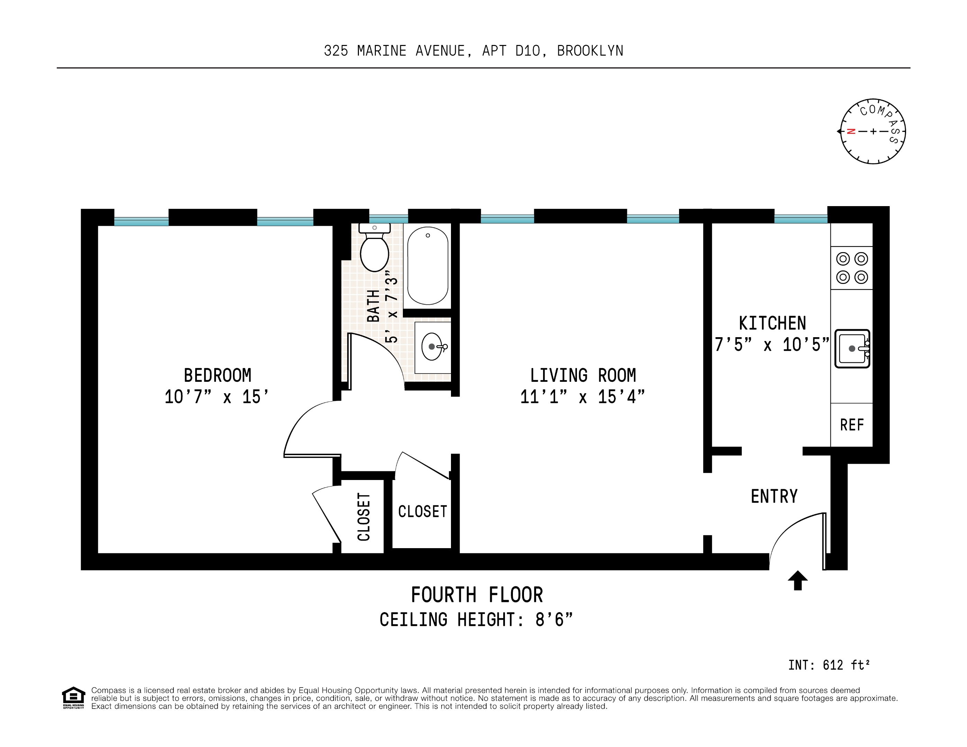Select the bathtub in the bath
click(x=428, y=266)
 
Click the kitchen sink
click(x=852, y=349)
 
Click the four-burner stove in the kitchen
click(x=852, y=268)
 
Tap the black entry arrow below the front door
click(x=798, y=580)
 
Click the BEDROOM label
click(x=217, y=375)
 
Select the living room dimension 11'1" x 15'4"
click(x=582, y=397)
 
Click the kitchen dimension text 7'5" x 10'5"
click(x=772, y=345)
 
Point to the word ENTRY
click(x=774, y=496)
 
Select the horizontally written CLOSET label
click(x=422, y=511)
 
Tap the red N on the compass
click(x=851, y=131)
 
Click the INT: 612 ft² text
click(x=829, y=665)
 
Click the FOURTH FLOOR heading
click(x=477, y=595)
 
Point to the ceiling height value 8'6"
click(x=553, y=619)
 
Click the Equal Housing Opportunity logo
click(x=73, y=698)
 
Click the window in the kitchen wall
click(x=801, y=219)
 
